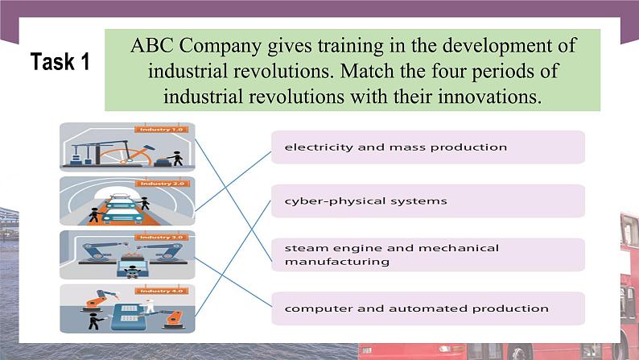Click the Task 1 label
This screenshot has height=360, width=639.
[60, 62]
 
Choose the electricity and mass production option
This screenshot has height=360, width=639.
[427, 147]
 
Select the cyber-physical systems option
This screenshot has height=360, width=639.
[427, 201]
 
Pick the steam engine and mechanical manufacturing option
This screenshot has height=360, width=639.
[427, 254]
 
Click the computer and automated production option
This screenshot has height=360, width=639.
[427, 308]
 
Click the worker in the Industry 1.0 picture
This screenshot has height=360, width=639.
[177, 158]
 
